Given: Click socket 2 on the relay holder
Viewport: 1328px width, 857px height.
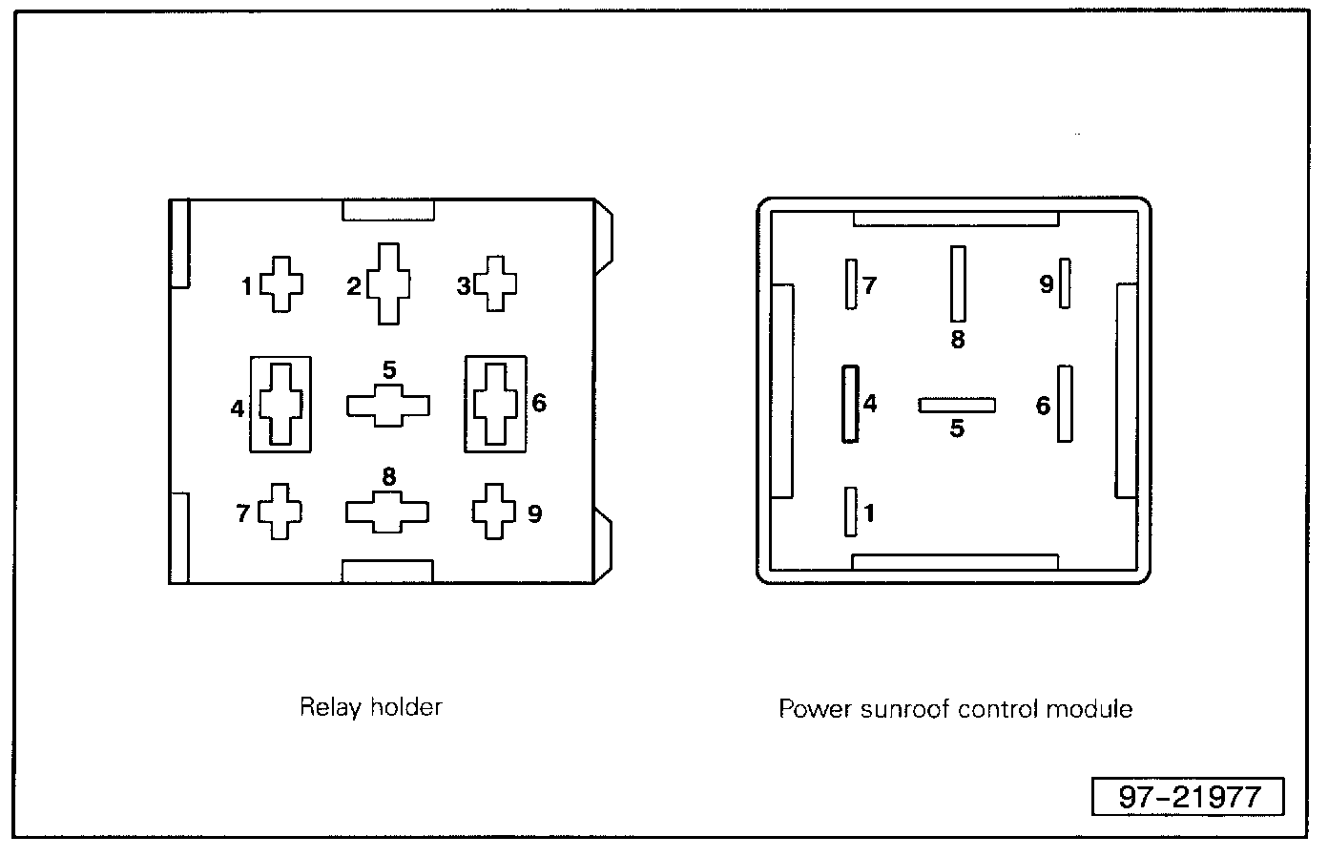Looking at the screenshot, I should click(x=389, y=283).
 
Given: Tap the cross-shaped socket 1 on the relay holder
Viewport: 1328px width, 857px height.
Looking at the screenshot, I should click(x=281, y=283).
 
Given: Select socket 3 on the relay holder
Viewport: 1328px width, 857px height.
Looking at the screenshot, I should click(x=495, y=283).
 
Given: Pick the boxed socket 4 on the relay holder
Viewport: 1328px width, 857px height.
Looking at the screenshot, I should click(x=280, y=404).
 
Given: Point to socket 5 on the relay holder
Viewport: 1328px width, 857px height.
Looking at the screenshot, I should click(x=387, y=406).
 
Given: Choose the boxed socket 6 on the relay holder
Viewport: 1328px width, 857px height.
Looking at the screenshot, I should click(x=495, y=404).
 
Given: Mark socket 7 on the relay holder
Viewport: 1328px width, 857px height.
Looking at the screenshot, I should click(x=280, y=512).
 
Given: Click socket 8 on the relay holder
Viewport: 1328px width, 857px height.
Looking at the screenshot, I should click(x=386, y=512).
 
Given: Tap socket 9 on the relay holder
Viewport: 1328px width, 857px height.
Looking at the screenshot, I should click(x=494, y=512).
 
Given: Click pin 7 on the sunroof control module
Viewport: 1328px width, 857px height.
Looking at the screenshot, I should click(x=851, y=283).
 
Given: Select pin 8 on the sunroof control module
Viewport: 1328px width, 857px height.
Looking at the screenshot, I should click(x=958, y=283).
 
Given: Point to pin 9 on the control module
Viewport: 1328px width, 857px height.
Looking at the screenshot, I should click(x=1065, y=283).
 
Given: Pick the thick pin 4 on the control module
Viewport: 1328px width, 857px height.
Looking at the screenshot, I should click(x=850, y=404).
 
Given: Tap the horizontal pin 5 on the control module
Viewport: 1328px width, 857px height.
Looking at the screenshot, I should click(x=957, y=406).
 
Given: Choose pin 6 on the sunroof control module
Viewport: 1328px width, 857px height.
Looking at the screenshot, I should click(x=1065, y=404).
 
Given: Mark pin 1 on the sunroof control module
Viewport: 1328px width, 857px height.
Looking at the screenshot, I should click(x=851, y=512).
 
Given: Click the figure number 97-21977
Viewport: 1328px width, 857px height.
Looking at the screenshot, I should click(x=1188, y=797).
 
